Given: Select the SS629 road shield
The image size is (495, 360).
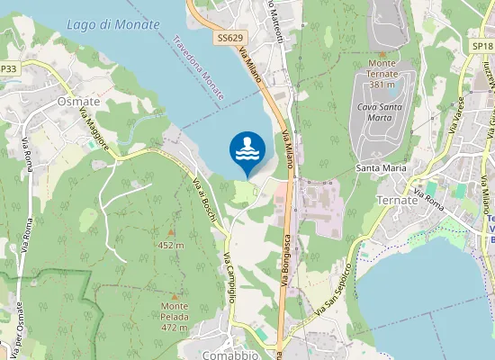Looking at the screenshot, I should pos(229,38).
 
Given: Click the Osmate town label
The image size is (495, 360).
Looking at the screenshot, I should pos(78,102).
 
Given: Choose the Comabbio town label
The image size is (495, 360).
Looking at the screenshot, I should pos(229,354).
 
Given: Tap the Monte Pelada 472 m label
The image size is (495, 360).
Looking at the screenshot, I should pos(175,317).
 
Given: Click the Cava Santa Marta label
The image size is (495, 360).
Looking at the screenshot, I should pos(378,112).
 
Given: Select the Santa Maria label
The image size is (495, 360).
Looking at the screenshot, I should pos(381,167).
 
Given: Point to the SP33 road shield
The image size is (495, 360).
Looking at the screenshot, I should pos(8,68).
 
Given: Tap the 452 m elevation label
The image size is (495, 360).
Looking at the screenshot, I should pos(170,245).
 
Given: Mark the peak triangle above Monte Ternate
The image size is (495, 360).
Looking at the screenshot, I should pos(382,53).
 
